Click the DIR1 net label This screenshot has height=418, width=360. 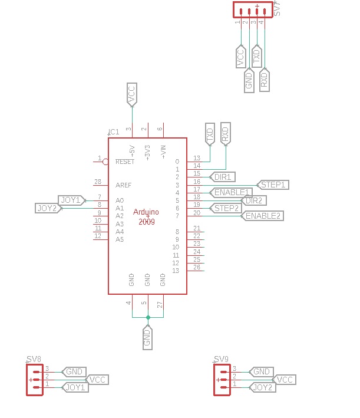point(224,177)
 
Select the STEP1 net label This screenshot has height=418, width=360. point(273,185)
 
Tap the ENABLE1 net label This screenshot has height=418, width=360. point(232,192)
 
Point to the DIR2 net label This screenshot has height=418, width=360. point(254,200)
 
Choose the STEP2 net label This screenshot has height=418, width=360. point(226,208)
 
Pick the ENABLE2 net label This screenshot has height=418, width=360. point(263,216)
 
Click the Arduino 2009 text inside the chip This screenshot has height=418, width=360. point(147,216)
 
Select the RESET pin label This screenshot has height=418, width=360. point(125,162)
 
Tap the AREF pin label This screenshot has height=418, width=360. point(124,185)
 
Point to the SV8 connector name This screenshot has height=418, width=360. point(34,358)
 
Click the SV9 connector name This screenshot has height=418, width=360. point(221,358)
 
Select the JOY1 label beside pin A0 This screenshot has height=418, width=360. point(71,200)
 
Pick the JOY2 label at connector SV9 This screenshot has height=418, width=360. point(262,387)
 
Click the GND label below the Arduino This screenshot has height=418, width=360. point(147,337)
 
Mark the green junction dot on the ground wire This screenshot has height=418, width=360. point(148,318)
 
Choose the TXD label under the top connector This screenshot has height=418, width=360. point(256,57)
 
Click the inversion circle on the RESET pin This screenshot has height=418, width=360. point(105,162)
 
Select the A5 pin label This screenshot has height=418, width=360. point(120,239)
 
